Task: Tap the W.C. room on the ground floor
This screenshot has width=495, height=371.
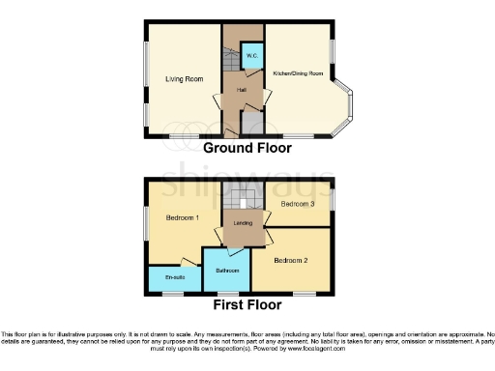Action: click(x=250, y=56)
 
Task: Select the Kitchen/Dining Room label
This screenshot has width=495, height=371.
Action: click(x=297, y=73)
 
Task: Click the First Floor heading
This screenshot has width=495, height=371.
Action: click(x=248, y=304)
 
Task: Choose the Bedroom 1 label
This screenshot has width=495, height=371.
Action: click(x=182, y=217)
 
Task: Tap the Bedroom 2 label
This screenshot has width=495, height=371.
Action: click(x=290, y=260)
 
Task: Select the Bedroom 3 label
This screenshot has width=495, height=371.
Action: click(x=298, y=204)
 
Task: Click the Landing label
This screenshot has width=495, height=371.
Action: click(x=243, y=223)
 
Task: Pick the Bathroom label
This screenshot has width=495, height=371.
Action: click(x=226, y=271)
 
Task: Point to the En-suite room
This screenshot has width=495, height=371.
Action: click(x=175, y=278)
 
